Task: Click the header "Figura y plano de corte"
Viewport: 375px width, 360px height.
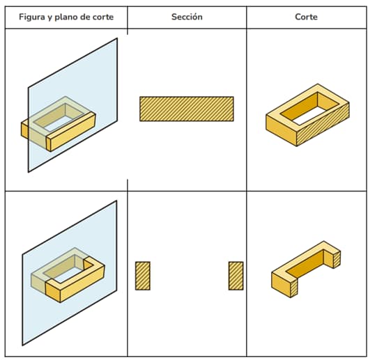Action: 66,17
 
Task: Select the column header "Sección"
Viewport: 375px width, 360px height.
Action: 187,17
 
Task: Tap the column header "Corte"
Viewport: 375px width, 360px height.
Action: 307,17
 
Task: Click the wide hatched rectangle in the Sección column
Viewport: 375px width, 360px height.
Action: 187,109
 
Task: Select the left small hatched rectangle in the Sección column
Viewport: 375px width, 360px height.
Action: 143,276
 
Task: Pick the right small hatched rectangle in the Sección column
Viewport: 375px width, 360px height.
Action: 236,276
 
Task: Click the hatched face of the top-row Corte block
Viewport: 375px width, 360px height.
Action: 323,125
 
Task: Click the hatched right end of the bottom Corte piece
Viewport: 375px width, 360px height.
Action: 337,260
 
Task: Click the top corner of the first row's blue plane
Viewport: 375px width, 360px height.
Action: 117,38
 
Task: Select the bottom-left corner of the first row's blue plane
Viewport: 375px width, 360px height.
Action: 28,172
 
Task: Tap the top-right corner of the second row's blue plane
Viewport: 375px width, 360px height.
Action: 116,201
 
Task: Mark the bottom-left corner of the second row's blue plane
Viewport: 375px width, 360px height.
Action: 22,345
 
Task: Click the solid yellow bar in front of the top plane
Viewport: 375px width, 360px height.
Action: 71,132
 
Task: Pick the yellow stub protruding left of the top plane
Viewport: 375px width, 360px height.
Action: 24,130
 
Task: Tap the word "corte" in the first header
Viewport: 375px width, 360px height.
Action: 104,17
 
